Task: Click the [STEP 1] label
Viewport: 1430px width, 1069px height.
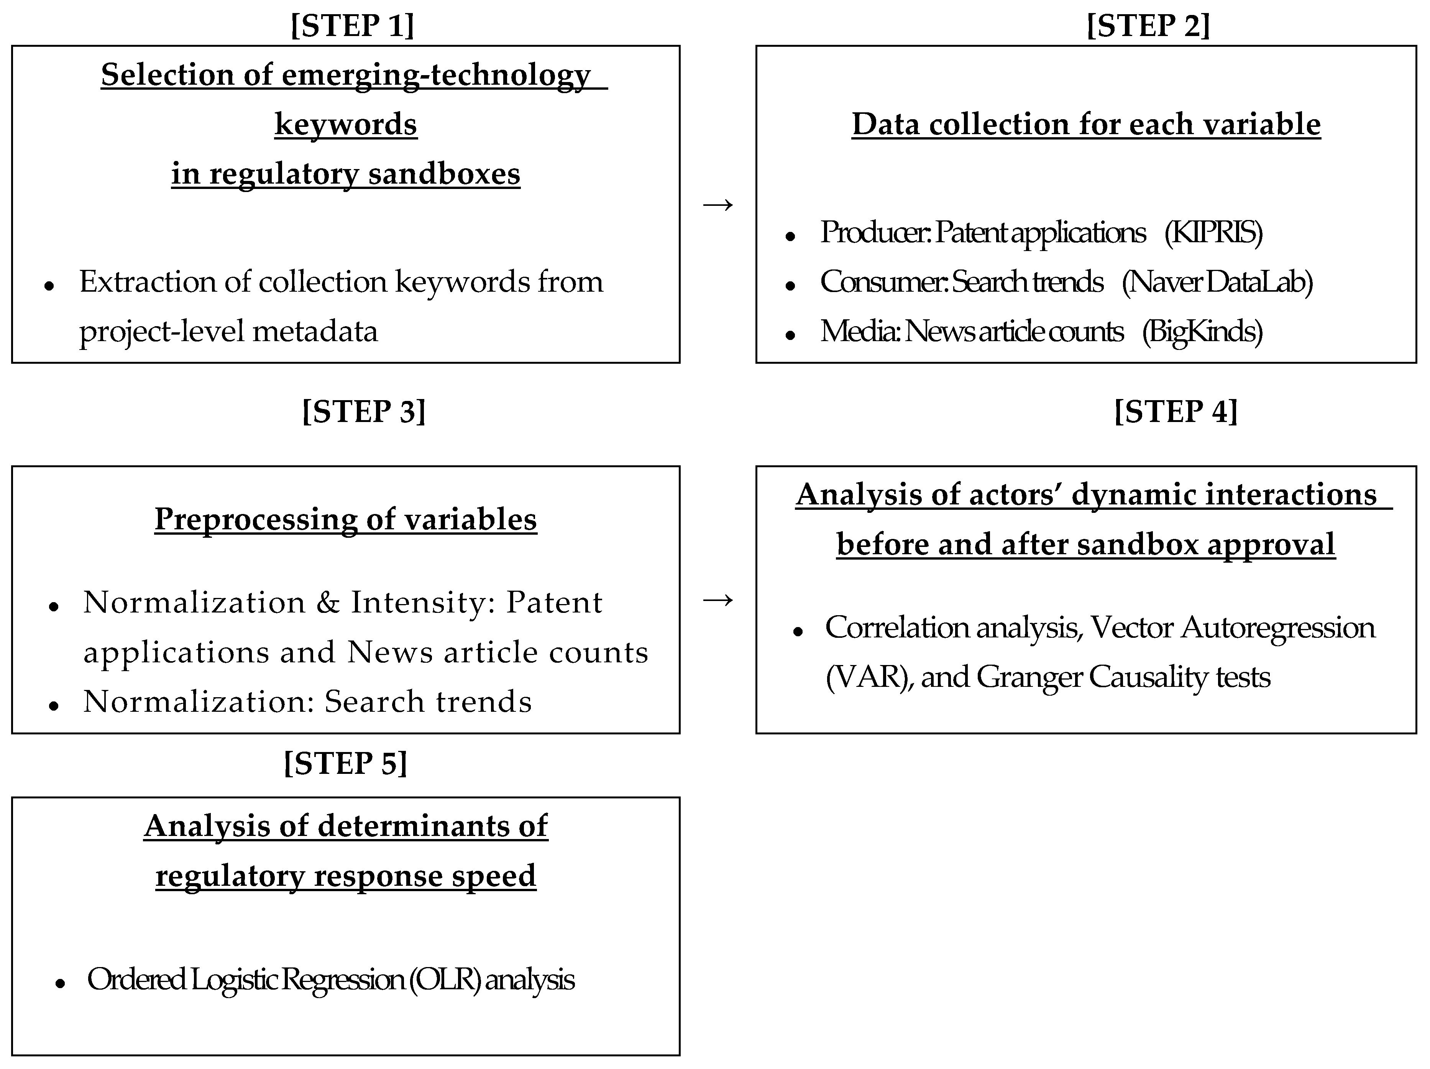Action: (352, 26)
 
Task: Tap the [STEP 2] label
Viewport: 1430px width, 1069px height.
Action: (1148, 26)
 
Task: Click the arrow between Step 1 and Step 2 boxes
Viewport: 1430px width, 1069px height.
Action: (717, 205)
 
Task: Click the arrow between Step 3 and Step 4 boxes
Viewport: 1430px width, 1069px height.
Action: (717, 600)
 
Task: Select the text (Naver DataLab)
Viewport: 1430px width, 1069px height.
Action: (1217, 282)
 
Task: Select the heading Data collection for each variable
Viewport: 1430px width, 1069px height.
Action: (1086, 124)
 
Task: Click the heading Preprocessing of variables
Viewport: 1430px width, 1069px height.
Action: (345, 519)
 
